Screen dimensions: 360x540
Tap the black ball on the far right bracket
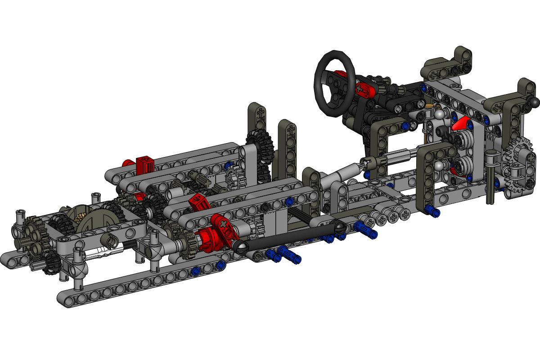(x=534, y=102)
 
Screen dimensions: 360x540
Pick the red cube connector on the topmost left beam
(x=145, y=164)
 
